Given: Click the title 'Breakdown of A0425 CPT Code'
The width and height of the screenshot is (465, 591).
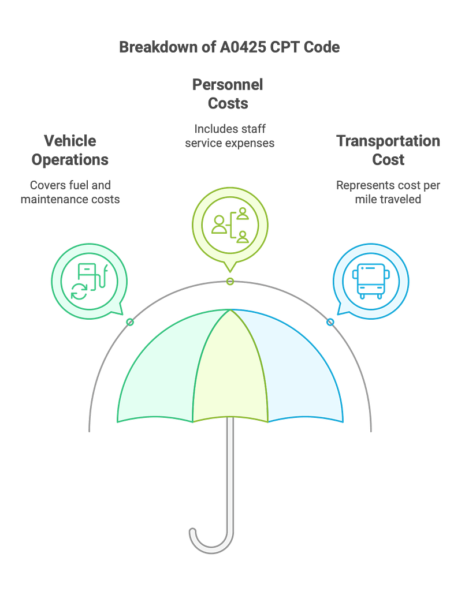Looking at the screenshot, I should point(229,47).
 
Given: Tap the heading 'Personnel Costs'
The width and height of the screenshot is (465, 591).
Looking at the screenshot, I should point(228,94).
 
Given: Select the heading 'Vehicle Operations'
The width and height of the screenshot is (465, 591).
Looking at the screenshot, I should point(70,150).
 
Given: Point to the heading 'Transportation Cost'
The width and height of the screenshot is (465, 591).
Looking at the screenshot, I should point(388,150).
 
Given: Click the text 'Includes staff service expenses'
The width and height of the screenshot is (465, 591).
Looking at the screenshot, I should point(229,136).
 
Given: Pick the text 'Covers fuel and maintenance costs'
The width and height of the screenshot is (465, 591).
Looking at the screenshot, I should point(70,193).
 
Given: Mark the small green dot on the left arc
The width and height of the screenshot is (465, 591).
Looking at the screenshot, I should point(130,322).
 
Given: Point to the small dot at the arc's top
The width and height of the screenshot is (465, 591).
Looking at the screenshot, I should point(230,282).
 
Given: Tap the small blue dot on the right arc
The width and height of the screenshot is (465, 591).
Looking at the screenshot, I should point(330,322).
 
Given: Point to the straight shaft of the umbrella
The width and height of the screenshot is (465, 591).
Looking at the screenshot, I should point(230,473).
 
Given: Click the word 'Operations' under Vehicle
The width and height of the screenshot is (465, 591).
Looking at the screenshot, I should point(70,160).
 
